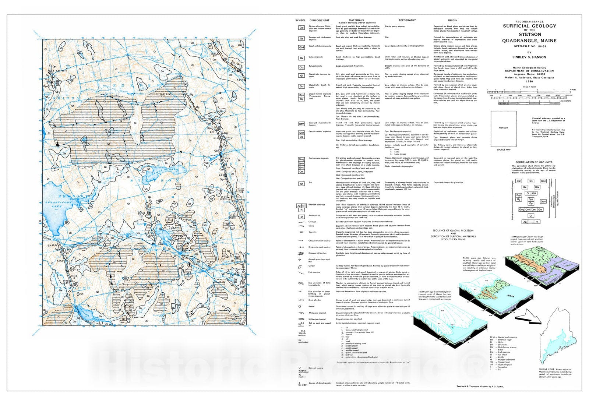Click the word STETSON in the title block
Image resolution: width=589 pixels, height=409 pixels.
click(530, 35)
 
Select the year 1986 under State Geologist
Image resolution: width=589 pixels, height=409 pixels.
click(529, 82)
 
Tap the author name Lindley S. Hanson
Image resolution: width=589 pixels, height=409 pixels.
click(529, 57)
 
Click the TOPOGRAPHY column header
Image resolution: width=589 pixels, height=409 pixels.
click(407, 20)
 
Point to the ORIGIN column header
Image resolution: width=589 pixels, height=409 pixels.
click(452, 20)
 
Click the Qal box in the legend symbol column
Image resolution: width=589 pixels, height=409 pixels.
click(301, 28)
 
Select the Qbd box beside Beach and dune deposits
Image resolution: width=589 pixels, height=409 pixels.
click(301, 47)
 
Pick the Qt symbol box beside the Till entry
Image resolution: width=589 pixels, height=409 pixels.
click(301, 183)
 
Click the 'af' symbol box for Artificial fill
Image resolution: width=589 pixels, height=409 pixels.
click(301, 217)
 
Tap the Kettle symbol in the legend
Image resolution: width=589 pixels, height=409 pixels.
click(301, 306)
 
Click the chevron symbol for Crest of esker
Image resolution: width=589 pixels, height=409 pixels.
click(301, 300)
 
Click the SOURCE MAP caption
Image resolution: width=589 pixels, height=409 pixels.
click(503, 150)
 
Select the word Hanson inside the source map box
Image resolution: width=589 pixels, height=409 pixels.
click(503, 128)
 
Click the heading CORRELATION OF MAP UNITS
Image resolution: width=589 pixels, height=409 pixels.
click(533, 162)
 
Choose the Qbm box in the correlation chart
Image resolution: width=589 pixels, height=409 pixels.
click(543, 201)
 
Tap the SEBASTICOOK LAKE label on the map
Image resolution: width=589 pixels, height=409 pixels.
click(56, 205)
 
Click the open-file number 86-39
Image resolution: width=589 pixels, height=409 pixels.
click(537, 46)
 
